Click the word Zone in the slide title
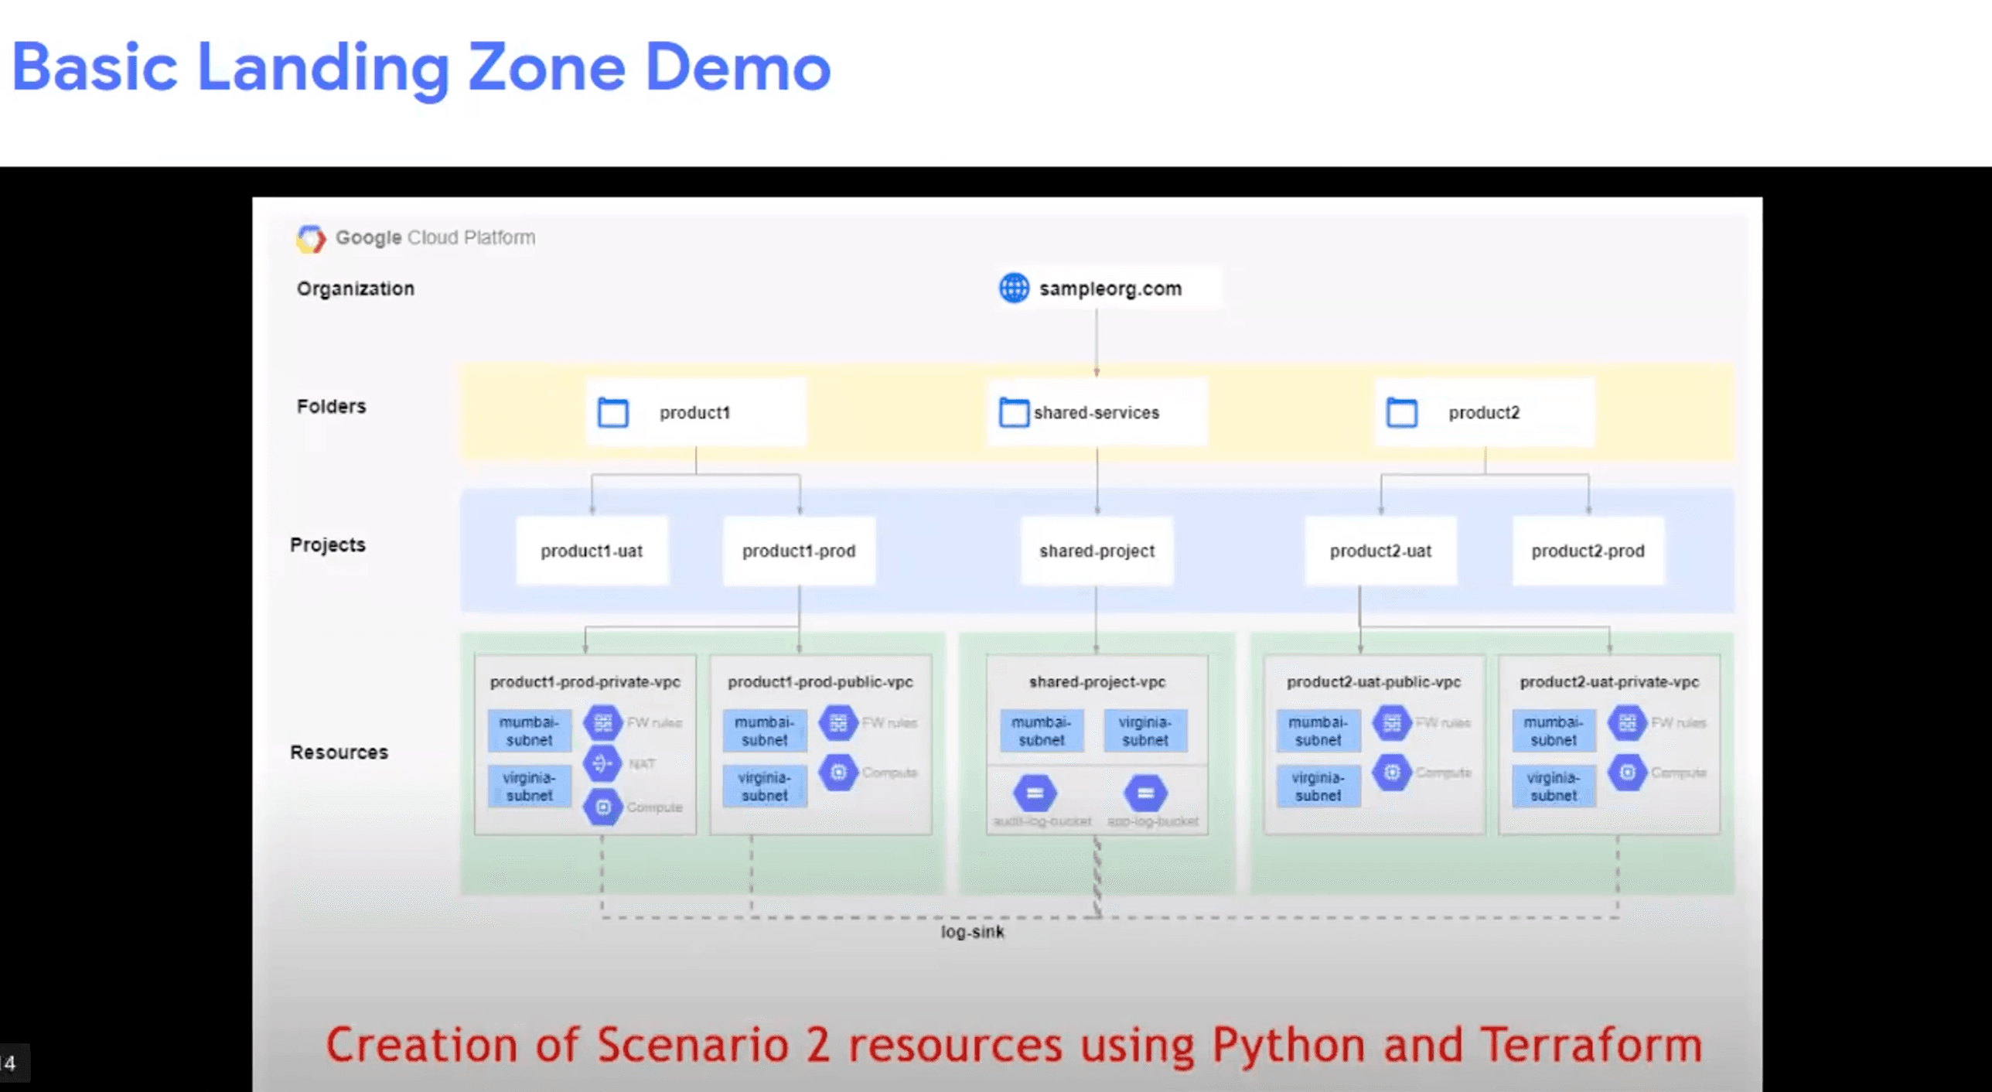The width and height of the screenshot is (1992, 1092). (546, 68)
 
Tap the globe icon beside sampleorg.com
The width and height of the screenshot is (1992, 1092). (1014, 288)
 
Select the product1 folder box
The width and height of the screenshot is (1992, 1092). (695, 412)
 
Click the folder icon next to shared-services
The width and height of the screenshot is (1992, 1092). (1014, 412)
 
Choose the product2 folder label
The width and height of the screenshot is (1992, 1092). (1483, 413)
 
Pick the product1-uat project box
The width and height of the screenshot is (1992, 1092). (592, 551)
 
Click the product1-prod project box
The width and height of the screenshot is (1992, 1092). (799, 551)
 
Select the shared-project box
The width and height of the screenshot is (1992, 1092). (1097, 551)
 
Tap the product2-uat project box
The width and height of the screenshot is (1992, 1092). (1380, 551)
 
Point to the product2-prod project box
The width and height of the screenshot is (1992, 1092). (1588, 551)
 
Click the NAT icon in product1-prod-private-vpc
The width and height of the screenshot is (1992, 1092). (602, 764)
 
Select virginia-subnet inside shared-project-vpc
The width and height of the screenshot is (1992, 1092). (1145, 731)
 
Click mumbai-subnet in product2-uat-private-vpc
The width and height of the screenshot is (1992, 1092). (1554, 731)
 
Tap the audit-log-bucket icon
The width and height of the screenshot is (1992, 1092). (1035, 793)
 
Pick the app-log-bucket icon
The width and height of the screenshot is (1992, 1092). (1145, 793)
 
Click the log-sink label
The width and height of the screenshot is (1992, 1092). (972, 932)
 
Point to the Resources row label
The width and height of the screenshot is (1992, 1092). (339, 752)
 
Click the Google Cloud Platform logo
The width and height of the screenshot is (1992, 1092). (311, 238)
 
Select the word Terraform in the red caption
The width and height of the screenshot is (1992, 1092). (1591, 1046)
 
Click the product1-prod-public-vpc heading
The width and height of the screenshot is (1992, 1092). (820, 682)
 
